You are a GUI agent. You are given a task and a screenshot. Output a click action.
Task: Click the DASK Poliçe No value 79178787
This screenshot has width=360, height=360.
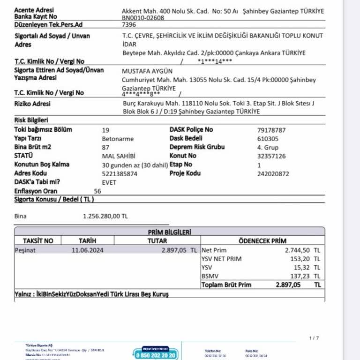point(271,130)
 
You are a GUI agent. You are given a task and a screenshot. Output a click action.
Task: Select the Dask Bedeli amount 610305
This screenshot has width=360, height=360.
point(268,139)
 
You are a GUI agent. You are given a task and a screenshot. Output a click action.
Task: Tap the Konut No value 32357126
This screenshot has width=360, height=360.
point(271,156)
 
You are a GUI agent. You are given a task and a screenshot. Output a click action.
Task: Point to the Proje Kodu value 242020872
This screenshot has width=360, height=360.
point(273,173)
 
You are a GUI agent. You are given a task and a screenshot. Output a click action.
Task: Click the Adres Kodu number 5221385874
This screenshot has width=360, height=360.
point(120,173)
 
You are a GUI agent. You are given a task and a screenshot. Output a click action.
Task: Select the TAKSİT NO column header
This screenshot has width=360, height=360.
point(38,241)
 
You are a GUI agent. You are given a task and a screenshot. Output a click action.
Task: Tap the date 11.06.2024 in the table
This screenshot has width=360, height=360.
point(88,250)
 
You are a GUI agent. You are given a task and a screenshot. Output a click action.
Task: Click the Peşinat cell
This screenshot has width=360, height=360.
point(25,250)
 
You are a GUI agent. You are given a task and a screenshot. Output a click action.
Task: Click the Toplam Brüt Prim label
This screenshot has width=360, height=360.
point(226,285)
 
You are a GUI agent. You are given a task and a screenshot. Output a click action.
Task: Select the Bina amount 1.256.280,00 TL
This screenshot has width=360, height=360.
point(105,216)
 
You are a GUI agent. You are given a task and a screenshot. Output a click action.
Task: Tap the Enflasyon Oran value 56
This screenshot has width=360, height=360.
point(97,191)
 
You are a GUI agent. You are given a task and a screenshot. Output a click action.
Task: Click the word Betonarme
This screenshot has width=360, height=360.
point(118,139)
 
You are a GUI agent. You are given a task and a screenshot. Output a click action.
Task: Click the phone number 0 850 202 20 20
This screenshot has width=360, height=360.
point(156,356)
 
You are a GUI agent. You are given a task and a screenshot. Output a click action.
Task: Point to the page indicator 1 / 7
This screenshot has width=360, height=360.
point(314,338)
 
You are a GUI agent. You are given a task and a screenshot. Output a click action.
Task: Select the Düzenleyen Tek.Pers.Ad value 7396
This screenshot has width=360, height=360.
point(129,24)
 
